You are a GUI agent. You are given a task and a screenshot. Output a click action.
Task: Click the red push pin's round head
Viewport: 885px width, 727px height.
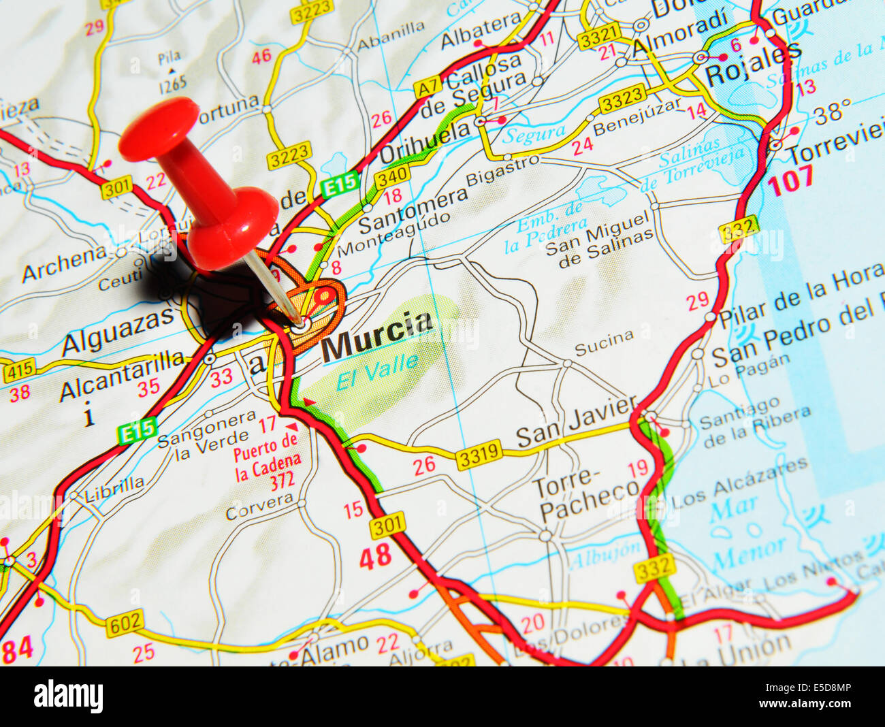pyautogui.click(x=159, y=129)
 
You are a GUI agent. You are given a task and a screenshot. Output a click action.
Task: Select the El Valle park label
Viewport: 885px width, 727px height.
pyautogui.click(x=377, y=372)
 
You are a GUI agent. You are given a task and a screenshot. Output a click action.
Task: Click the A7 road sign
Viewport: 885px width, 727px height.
pyautogui.click(x=427, y=87)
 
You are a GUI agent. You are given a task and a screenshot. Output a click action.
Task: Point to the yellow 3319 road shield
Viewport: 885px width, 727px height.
pyautogui.click(x=479, y=455)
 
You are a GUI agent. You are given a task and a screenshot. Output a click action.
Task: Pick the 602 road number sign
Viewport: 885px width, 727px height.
pyautogui.click(x=125, y=624)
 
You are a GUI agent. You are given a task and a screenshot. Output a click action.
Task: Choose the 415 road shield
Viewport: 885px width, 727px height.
pyautogui.click(x=18, y=372)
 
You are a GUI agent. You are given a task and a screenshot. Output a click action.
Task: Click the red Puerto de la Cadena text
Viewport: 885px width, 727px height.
pyautogui.click(x=266, y=460)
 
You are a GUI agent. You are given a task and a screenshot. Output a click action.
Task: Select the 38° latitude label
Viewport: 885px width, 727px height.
pyautogui.click(x=833, y=111)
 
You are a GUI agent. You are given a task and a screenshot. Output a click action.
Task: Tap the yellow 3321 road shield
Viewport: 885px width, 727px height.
pyautogui.click(x=599, y=36)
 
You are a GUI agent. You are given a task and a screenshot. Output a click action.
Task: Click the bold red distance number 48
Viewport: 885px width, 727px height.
pyautogui.click(x=375, y=556)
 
